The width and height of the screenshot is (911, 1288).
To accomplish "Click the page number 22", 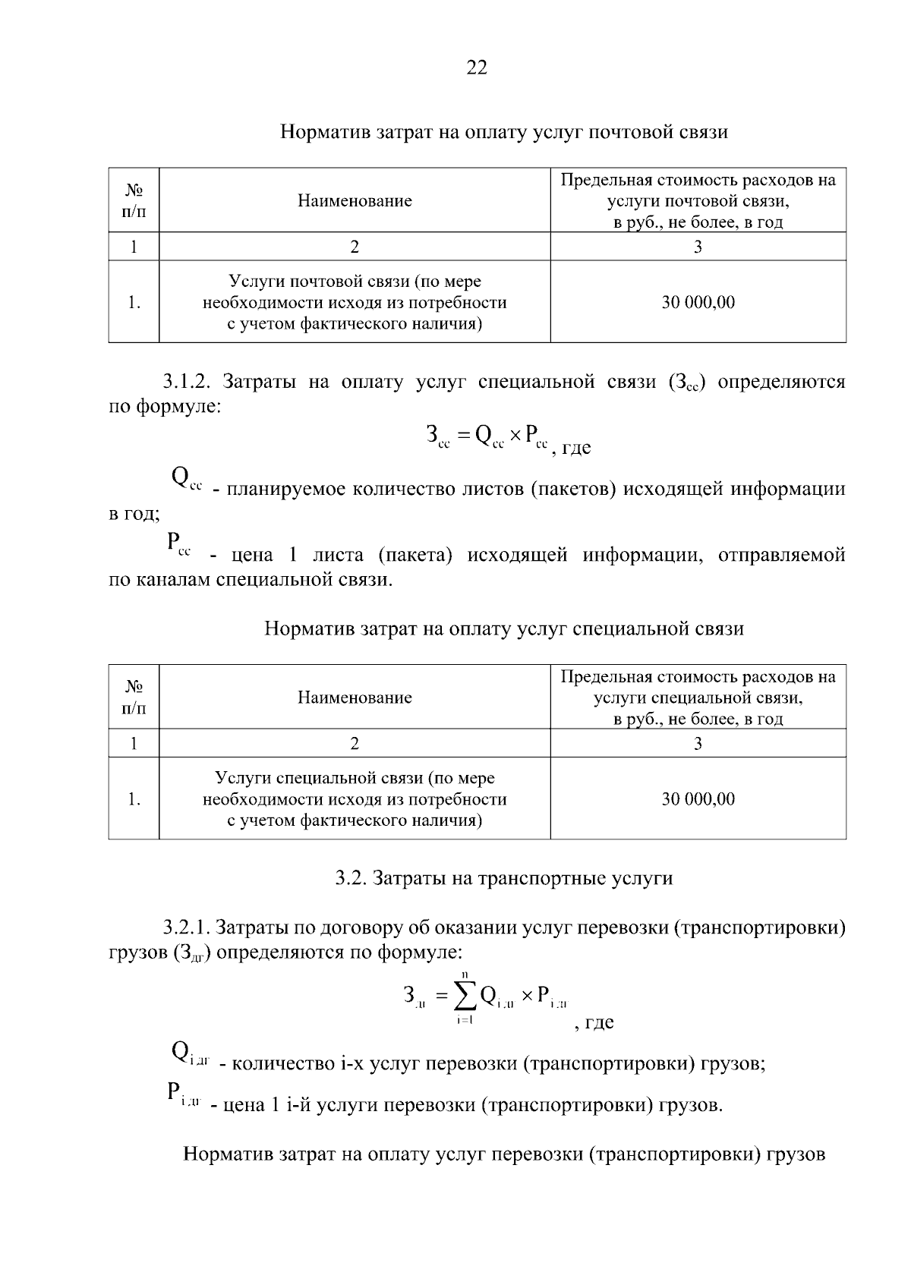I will click(476, 68).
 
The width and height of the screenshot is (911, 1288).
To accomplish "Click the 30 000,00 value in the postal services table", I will click(698, 302).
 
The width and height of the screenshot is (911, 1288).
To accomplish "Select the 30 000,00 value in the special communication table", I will click(698, 798).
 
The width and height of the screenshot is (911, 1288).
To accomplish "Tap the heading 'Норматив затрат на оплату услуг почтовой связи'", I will click(504, 132).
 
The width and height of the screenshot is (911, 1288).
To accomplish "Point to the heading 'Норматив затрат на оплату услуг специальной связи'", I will click(504, 628).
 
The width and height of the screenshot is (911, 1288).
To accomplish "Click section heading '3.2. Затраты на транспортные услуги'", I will click(504, 878).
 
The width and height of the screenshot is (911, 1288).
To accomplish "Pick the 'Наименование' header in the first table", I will click(355, 200).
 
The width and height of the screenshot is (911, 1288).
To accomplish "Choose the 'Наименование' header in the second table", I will click(355, 697).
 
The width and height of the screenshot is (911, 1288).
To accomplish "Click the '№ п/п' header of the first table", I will click(134, 200).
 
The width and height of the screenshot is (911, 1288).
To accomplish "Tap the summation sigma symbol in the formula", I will click(465, 994).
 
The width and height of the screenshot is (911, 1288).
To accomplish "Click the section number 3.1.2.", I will click(184, 382).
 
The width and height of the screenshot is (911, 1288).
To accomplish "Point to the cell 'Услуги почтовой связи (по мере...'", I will click(355, 302).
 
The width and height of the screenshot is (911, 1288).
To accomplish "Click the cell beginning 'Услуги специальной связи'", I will click(355, 798).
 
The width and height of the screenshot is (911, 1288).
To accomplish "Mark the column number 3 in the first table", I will click(698, 247).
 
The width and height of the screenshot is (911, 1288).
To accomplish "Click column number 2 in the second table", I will click(355, 743).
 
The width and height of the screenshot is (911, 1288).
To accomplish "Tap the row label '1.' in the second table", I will click(134, 798).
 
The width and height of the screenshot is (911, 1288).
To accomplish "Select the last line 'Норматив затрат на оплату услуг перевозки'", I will click(504, 1154).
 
